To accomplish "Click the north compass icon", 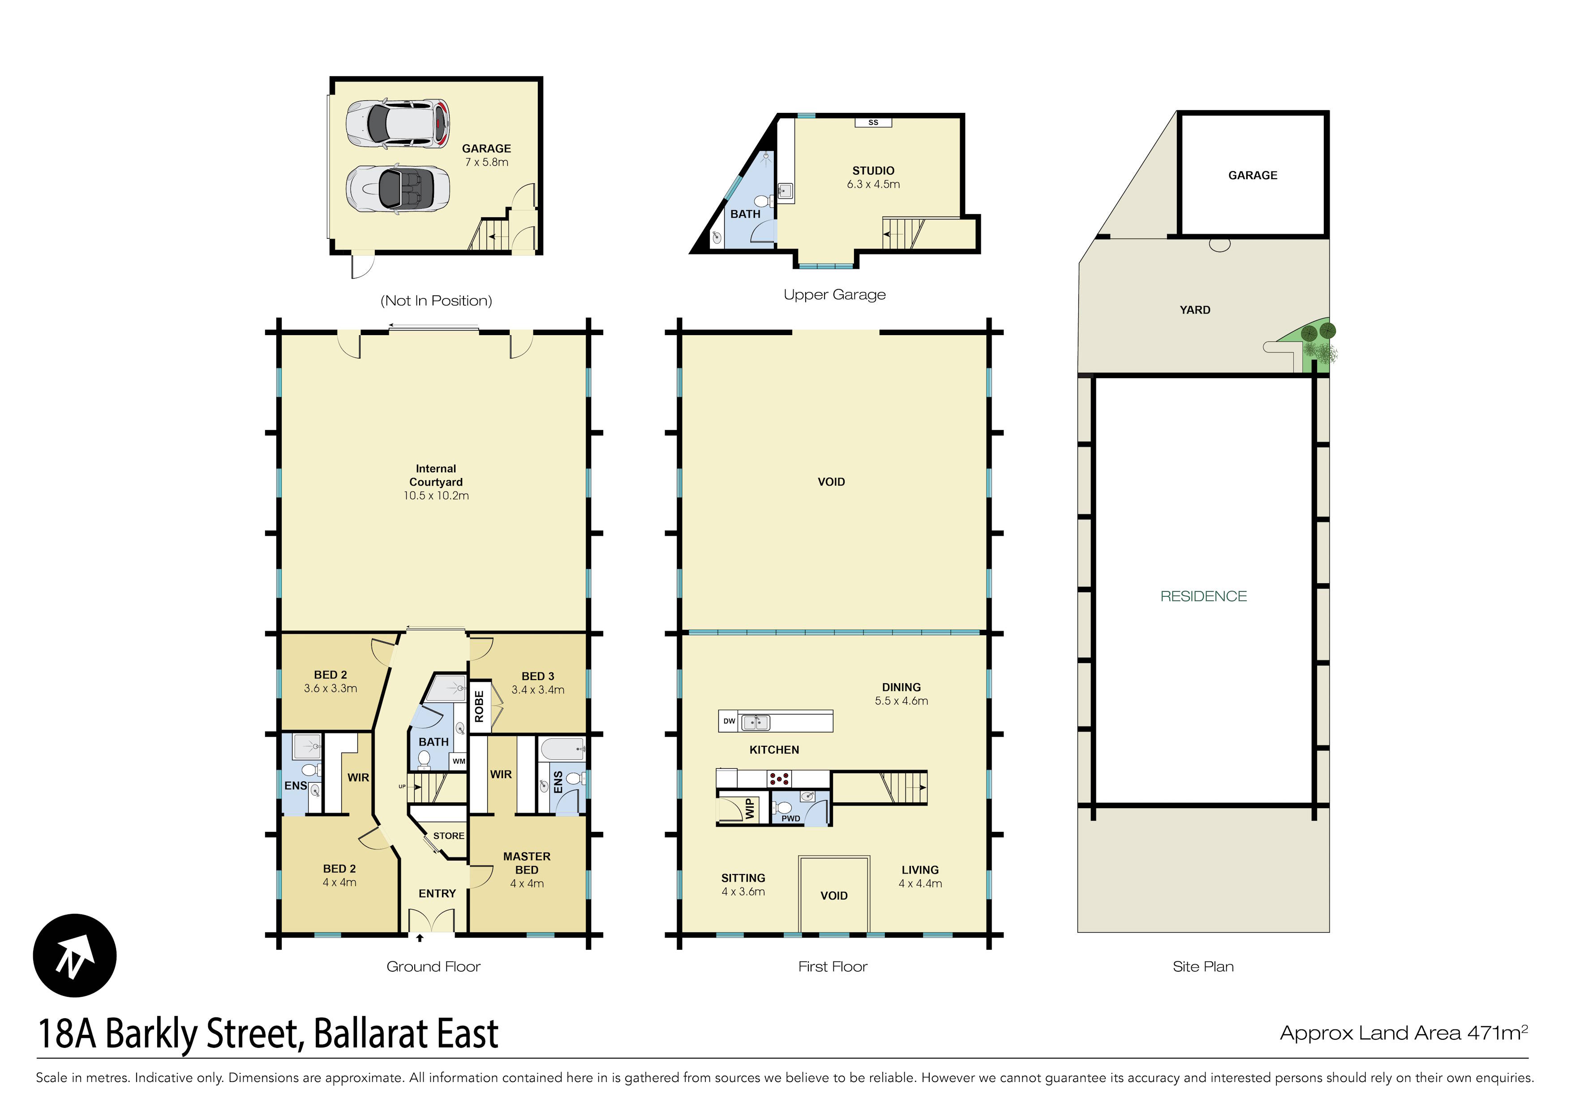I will pos(75,955).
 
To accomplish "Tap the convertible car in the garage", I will pos(398,189).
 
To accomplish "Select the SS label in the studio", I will pos(873,123).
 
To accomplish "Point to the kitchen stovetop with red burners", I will pos(779,778).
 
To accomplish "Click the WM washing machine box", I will pos(459,761).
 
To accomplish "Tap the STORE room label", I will pos(448,836).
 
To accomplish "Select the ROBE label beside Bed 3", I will pos(479,706).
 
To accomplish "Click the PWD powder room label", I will pos(790,818).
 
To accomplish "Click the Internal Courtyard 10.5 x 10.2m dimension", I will pos(436,495).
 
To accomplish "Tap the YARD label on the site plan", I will pos(1195,310).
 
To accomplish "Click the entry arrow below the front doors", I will pos(420,938).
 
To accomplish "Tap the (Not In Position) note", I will pos(436,301).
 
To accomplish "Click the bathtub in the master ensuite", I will pos(562,749).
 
